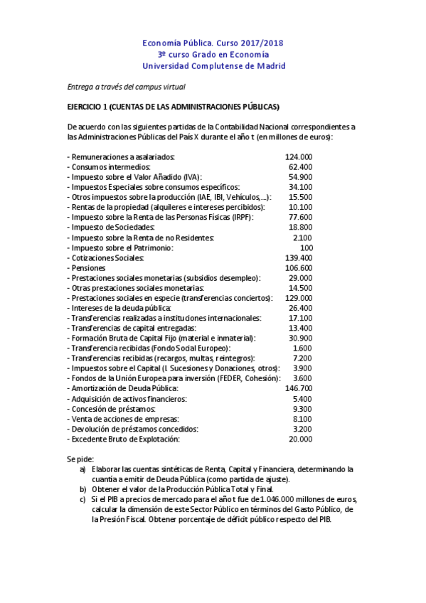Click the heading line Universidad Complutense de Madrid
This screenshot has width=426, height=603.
(x=213, y=66)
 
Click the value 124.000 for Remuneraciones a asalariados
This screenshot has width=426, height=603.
(x=299, y=156)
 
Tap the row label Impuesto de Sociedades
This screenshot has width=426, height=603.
(x=111, y=227)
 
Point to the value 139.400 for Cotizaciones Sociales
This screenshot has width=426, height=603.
(x=299, y=257)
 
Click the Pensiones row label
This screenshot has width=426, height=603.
(x=87, y=267)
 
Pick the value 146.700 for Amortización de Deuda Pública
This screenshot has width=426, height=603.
(x=299, y=388)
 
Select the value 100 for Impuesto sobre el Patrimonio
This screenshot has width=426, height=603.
(x=306, y=247)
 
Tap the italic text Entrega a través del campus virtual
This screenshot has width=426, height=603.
(x=126, y=87)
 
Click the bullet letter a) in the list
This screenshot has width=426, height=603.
(x=82, y=469)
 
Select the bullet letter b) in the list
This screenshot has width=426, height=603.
(x=82, y=489)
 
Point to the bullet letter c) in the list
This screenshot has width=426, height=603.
(x=82, y=499)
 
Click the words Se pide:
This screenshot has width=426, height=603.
(x=80, y=459)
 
